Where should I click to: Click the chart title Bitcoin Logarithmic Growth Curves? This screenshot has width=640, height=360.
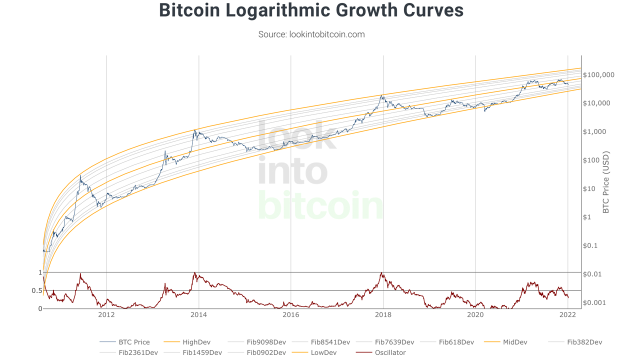tap(311, 10)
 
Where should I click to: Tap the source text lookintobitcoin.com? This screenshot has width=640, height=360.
tap(311, 34)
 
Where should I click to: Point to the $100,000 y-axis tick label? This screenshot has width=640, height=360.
tap(598, 75)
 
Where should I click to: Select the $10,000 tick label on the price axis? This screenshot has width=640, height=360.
tap(596, 103)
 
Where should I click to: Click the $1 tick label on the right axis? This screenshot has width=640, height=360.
tap(587, 217)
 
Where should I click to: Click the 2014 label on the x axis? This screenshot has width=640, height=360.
tap(198, 315)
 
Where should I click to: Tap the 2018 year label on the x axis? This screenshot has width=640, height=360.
tap(383, 315)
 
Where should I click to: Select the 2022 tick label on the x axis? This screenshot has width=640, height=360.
tap(567, 315)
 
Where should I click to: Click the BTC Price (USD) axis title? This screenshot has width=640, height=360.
tap(606, 182)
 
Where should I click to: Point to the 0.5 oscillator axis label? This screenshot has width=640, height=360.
tap(37, 290)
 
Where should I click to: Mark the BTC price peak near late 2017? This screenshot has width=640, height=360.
tap(382, 95)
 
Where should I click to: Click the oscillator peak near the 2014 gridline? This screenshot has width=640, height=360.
tap(194, 273)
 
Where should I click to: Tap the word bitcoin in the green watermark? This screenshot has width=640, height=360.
tap(320, 205)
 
